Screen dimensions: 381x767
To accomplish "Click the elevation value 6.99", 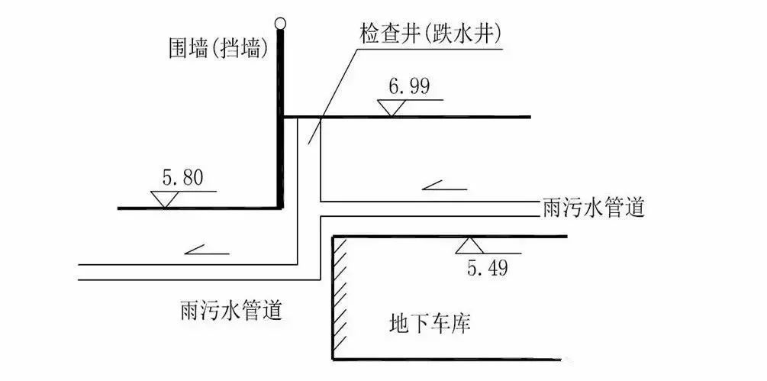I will (408, 86).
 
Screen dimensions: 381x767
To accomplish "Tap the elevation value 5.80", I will (182, 179).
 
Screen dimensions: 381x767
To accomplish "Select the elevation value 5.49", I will (486, 267).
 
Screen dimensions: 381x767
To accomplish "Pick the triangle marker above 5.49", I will (467, 246).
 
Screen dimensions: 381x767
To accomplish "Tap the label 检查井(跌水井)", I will (430, 35).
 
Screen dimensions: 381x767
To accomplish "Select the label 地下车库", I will (430, 324).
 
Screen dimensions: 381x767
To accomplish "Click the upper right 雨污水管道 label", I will (593, 208).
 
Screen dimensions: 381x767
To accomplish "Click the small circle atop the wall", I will (281, 24).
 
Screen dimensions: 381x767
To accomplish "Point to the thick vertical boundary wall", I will (280, 115).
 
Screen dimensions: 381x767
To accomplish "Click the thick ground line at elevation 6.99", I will (458, 117).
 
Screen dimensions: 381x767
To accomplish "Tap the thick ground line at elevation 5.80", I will (198, 207).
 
